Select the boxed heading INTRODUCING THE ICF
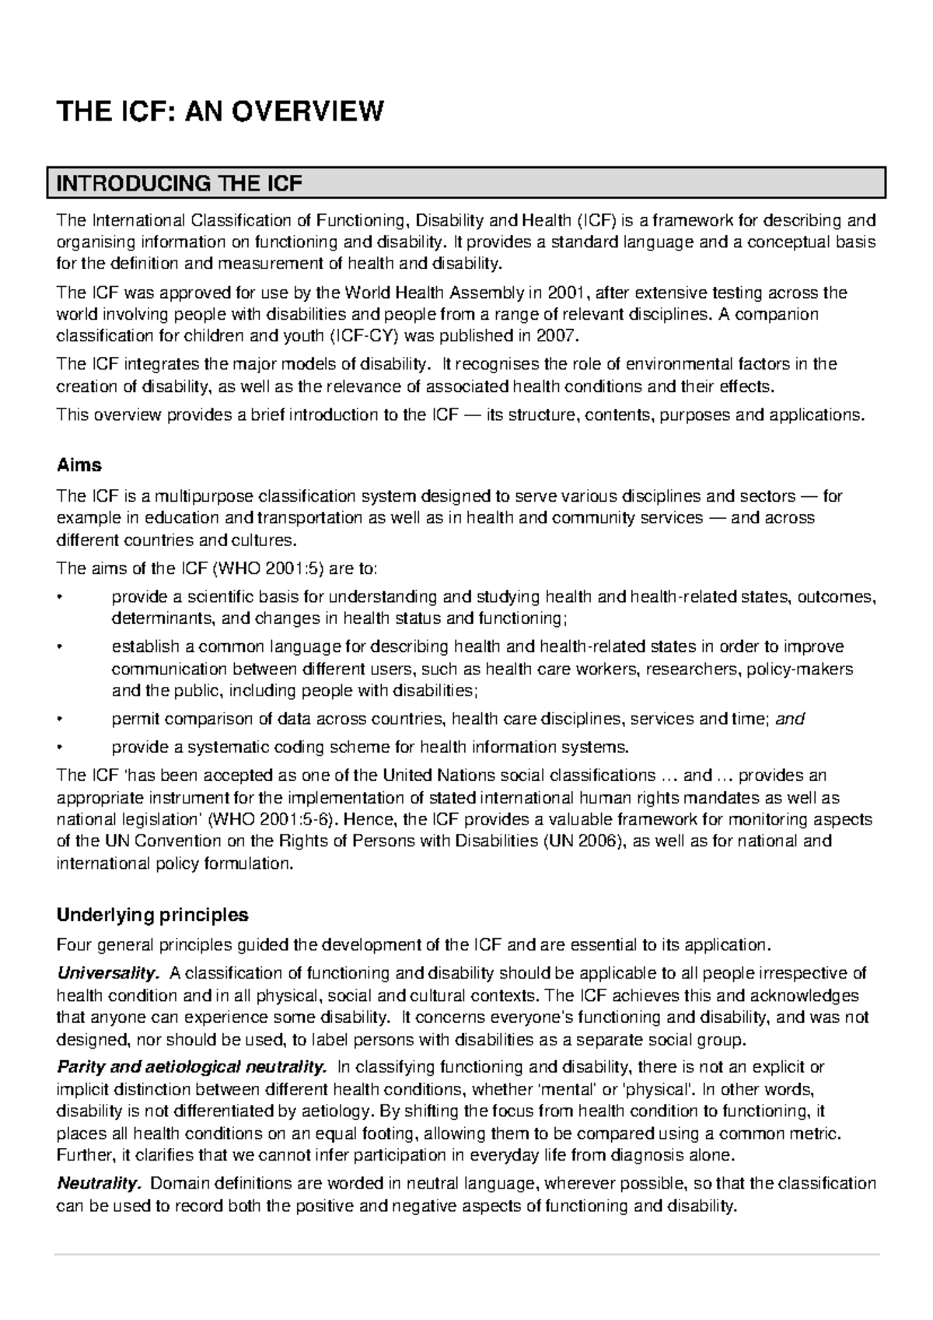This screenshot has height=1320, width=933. click(179, 184)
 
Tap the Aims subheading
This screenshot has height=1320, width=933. click(79, 465)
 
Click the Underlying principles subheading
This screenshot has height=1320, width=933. click(152, 915)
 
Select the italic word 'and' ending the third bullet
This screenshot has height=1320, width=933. click(790, 720)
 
